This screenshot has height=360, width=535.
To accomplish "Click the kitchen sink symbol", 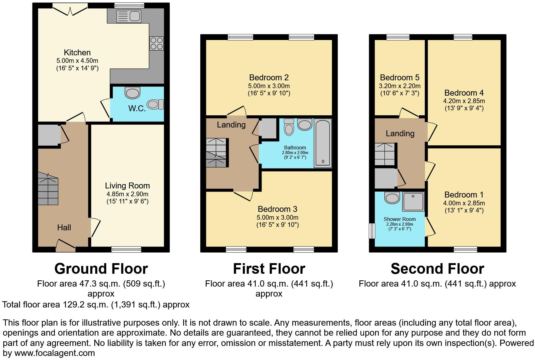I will [129, 16].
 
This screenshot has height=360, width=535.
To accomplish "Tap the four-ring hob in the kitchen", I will [157, 43].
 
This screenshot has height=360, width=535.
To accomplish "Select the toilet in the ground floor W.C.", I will [155, 104].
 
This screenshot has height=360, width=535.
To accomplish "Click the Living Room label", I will [127, 186].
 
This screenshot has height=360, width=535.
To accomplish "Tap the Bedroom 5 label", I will [399, 77].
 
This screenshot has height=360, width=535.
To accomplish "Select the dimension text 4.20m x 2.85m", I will [464, 101].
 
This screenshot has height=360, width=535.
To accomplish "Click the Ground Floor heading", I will [101, 268].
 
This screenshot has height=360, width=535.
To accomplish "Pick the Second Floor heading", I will [437, 268].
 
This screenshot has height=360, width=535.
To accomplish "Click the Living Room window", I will [126, 249].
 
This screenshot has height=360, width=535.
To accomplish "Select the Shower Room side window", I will [372, 231].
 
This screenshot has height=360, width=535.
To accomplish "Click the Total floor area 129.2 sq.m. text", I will [96, 304].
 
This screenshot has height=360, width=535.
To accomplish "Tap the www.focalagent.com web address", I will [54, 353].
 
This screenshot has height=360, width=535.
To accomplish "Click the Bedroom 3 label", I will [277, 209].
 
